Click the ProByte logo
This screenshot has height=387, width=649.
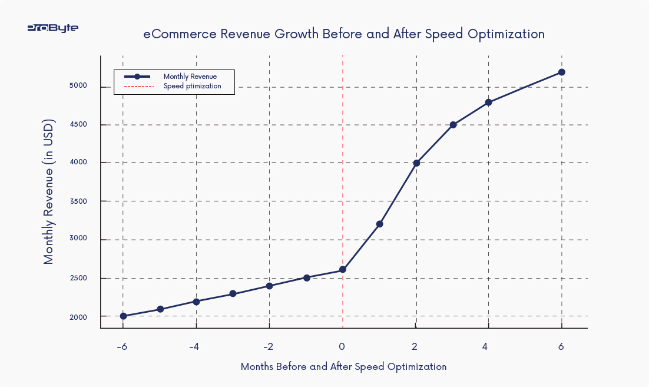pyautogui.click(x=53, y=28)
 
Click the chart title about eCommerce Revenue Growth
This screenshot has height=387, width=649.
pyautogui.click(x=344, y=34)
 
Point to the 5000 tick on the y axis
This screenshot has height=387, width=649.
pyautogui.click(x=77, y=86)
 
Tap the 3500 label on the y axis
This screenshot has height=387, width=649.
pyautogui.click(x=77, y=201)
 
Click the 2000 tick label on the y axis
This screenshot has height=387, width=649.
pyautogui.click(x=77, y=317)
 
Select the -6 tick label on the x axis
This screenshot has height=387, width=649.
pyautogui.click(x=122, y=346)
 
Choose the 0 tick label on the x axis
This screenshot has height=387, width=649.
pyautogui.click(x=342, y=346)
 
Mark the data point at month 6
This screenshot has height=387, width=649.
pyautogui.click(x=562, y=72)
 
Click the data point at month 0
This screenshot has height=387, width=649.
pyautogui.click(x=343, y=270)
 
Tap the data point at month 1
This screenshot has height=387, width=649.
pyautogui.click(x=379, y=224)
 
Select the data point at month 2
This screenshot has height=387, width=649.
pyautogui.click(x=416, y=163)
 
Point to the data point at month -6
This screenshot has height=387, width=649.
pyautogui.click(x=123, y=316)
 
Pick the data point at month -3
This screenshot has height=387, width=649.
pyautogui.click(x=233, y=293)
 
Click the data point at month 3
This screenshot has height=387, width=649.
pyautogui.click(x=453, y=125)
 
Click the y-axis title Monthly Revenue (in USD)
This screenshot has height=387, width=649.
pyautogui.click(x=49, y=193)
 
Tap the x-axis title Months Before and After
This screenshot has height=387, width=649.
pyautogui.click(x=343, y=366)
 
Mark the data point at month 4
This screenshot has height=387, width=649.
pyautogui.click(x=489, y=102)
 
